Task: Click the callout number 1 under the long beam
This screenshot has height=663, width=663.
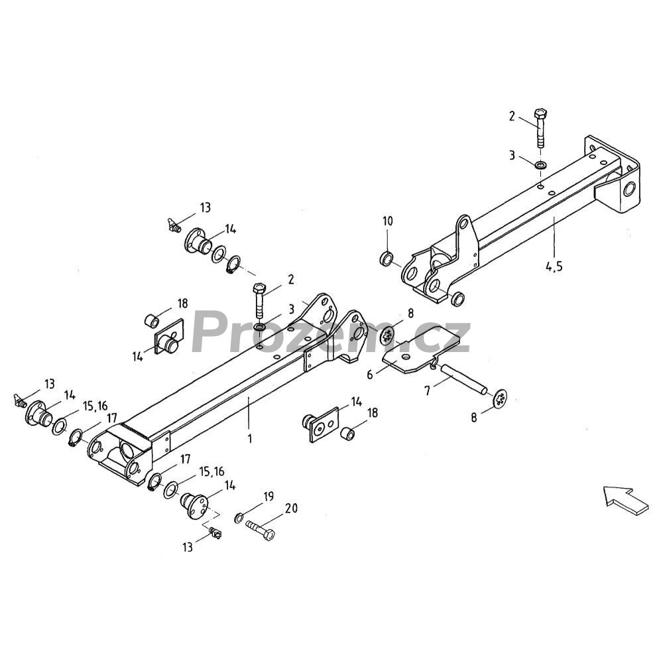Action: click(x=250, y=438)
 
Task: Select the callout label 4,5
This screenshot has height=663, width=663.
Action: click(x=554, y=267)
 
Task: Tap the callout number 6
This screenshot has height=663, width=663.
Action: click(x=371, y=374)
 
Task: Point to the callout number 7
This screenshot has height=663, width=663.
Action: click(x=428, y=391)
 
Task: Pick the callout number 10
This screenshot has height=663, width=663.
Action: click(x=388, y=221)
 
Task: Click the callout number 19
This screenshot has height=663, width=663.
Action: click(x=269, y=497)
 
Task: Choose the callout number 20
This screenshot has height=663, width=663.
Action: click(x=291, y=508)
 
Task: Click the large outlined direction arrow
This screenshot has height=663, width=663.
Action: click(x=626, y=500)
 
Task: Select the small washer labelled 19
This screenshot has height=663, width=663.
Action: click(x=239, y=516)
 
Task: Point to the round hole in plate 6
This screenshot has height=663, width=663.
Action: click(x=406, y=357)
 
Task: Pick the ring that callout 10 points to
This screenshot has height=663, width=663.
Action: click(x=387, y=259)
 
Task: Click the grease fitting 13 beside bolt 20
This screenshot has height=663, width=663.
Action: click(x=216, y=534)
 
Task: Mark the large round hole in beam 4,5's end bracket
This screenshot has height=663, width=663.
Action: click(x=630, y=189)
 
